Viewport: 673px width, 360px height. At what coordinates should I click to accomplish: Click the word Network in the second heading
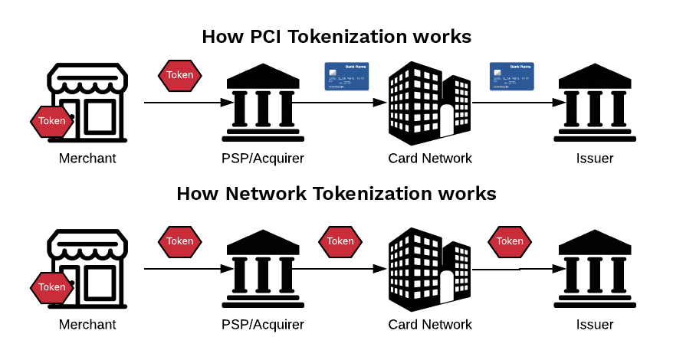click(x=265, y=193)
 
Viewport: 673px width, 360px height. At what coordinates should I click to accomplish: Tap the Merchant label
click(x=87, y=325)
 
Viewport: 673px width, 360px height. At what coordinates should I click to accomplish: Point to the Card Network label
click(x=430, y=325)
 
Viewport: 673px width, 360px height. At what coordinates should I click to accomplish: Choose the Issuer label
click(x=595, y=325)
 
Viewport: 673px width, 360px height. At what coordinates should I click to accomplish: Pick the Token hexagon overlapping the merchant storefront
click(x=52, y=287)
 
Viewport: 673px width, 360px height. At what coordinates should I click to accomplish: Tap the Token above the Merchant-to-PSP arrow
click(x=180, y=241)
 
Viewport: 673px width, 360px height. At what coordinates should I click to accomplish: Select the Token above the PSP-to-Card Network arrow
click(x=340, y=241)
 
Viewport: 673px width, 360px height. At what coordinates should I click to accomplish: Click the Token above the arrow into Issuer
click(x=510, y=241)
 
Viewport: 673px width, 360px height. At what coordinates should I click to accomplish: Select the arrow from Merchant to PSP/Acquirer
click(x=189, y=270)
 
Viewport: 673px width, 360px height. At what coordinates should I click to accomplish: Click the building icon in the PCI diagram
click(x=430, y=103)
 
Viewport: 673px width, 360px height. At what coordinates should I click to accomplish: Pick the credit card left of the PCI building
click(x=347, y=77)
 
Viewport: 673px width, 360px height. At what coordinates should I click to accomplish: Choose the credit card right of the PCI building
click(x=511, y=77)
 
